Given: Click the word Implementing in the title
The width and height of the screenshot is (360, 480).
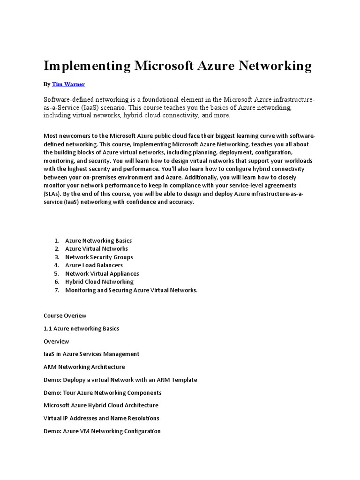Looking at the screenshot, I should pyautogui.click(x=87, y=66).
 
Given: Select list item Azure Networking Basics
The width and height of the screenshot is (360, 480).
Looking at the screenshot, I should pyautogui.click(x=98, y=240).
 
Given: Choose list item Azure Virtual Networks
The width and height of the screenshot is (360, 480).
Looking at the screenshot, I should pyautogui.click(x=96, y=249).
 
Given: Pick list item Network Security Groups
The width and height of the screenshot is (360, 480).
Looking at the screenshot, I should pyautogui.click(x=99, y=257).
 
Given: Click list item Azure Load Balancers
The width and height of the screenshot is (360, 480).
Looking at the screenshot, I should pyautogui.click(x=94, y=265).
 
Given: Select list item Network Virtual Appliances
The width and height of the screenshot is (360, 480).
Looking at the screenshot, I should pyautogui.click(x=102, y=274).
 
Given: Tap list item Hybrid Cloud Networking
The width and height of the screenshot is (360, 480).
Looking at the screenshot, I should pyautogui.click(x=99, y=282).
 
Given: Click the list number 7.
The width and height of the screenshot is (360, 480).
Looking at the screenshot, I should pyautogui.click(x=56, y=290).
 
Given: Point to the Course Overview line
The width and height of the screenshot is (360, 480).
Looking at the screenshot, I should pyautogui.click(x=65, y=315).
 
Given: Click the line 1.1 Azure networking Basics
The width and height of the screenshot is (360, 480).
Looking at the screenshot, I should pyautogui.click(x=81, y=329).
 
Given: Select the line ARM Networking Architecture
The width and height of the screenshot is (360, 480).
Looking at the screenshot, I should pyautogui.click(x=84, y=367).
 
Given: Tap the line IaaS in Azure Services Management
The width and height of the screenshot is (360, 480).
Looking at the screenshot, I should pyautogui.click(x=91, y=354).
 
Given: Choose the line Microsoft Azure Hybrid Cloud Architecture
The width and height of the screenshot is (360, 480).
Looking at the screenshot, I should pyautogui.click(x=101, y=405).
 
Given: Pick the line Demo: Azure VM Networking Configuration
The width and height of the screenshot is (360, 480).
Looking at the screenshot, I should pyautogui.click(x=102, y=431).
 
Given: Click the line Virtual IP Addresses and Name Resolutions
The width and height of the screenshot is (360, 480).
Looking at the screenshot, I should pyautogui.click(x=101, y=418).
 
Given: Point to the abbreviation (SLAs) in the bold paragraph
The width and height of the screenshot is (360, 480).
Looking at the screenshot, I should pyautogui.click(x=52, y=193).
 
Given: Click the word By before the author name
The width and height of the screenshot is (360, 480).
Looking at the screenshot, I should pyautogui.click(x=46, y=84).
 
